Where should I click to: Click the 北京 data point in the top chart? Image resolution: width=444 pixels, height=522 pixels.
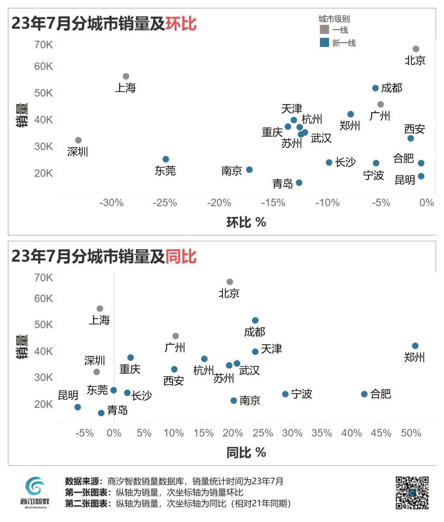point(416,49)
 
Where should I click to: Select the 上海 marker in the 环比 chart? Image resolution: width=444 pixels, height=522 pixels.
point(126,76)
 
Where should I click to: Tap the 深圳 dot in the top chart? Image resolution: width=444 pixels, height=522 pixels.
point(78,140)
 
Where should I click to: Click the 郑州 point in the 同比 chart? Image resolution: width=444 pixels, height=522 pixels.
point(415,346)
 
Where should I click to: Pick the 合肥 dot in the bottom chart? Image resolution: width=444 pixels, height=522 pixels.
point(364,394)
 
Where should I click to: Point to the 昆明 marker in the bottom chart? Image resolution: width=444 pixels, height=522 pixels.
point(78,407)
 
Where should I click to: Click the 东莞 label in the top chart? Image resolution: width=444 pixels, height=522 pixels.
point(165,170)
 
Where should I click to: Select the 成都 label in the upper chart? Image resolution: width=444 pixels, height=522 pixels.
point(391,88)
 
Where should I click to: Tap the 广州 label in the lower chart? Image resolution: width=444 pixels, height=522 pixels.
point(175,347)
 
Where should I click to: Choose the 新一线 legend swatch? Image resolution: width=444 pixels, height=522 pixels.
point(324,42)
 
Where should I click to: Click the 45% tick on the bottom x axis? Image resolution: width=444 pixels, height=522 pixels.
point(381,433)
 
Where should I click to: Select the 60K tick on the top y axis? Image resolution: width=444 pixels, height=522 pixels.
point(44,66)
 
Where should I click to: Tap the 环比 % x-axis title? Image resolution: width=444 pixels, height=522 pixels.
point(246,222)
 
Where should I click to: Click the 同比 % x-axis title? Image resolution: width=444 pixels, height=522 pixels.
point(246,453)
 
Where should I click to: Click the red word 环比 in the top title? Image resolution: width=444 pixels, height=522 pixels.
point(181,23)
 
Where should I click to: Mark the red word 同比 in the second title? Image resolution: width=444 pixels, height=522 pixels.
point(181,256)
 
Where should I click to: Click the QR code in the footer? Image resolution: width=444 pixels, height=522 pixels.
point(412,493)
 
